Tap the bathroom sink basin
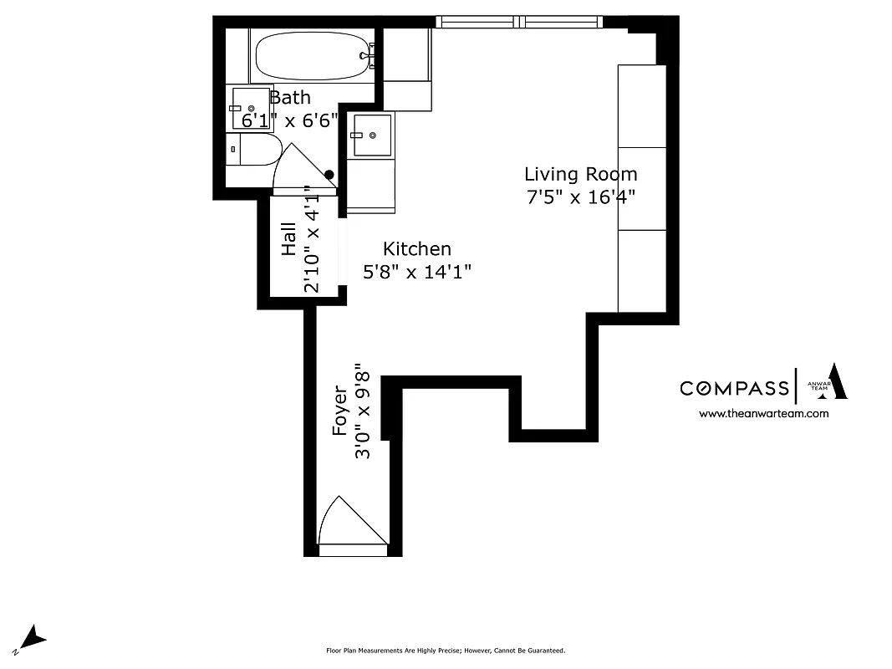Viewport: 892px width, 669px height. pyautogui.click(x=250, y=108)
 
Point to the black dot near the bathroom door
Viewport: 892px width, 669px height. pyautogui.click(x=329, y=176)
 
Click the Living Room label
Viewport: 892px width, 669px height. pyautogui.click(x=580, y=174)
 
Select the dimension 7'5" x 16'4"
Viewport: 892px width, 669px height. pyautogui.click(x=580, y=198)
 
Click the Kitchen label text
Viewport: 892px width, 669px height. pyautogui.click(x=416, y=248)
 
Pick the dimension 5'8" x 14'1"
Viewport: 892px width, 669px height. pyautogui.click(x=416, y=272)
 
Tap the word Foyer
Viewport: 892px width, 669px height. pyautogui.click(x=340, y=410)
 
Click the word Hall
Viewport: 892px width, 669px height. pyautogui.click(x=289, y=238)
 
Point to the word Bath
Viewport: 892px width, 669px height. pyautogui.click(x=289, y=98)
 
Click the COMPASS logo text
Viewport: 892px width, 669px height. pyautogui.click(x=733, y=388)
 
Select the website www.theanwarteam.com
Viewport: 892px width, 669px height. pyautogui.click(x=763, y=413)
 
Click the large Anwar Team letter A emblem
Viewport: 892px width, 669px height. pyautogui.click(x=837, y=382)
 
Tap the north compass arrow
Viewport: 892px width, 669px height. pyautogui.click(x=33, y=639)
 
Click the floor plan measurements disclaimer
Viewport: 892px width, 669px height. pyautogui.click(x=445, y=651)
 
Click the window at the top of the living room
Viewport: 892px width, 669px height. pyautogui.click(x=519, y=22)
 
